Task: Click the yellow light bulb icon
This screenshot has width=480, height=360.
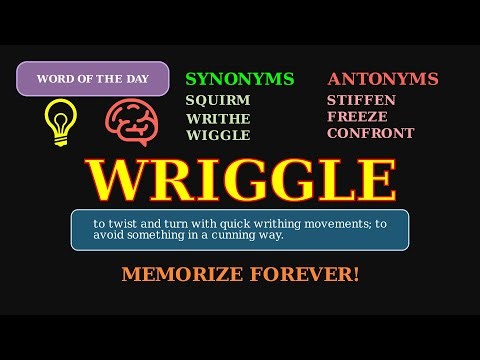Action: point(60,122)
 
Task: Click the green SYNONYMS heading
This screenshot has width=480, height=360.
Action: point(240,79)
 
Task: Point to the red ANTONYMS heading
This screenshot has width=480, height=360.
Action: point(382,79)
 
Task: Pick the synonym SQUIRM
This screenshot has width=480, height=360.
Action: point(217,100)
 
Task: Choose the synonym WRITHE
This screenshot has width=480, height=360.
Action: point(218,118)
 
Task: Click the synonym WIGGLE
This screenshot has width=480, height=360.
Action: point(217,135)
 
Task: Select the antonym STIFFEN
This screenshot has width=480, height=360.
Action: point(361,100)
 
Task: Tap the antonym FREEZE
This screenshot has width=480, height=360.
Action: point(356,117)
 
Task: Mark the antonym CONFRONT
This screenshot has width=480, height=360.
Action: point(370,133)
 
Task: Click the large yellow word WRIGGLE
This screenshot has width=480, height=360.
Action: point(240,180)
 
